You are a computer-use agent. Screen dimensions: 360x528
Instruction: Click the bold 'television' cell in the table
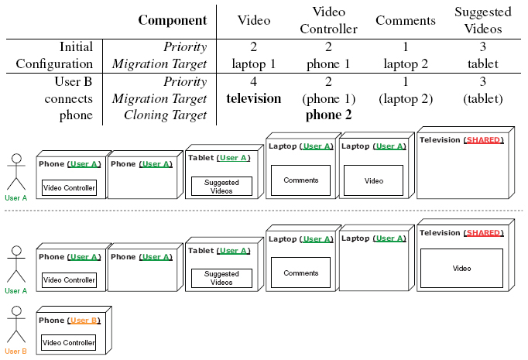tap(253, 99)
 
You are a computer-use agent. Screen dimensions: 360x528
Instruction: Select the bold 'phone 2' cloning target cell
tap(328, 115)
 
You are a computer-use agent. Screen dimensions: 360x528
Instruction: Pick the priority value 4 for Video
tap(253, 81)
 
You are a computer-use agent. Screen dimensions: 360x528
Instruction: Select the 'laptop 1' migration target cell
tap(253, 64)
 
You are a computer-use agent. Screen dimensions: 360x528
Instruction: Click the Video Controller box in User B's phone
tap(69, 342)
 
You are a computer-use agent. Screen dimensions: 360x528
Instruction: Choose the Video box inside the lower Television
tap(461, 269)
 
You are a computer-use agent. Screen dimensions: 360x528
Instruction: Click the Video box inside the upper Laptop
tap(374, 180)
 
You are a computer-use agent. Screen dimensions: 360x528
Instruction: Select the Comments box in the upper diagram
tap(300, 180)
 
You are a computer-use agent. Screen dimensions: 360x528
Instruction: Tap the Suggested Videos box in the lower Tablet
tap(221, 278)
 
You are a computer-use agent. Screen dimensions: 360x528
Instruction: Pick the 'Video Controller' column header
tap(328, 21)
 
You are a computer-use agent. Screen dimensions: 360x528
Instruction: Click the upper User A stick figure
tap(15, 171)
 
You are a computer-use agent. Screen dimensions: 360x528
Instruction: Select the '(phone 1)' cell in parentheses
tap(328, 99)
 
